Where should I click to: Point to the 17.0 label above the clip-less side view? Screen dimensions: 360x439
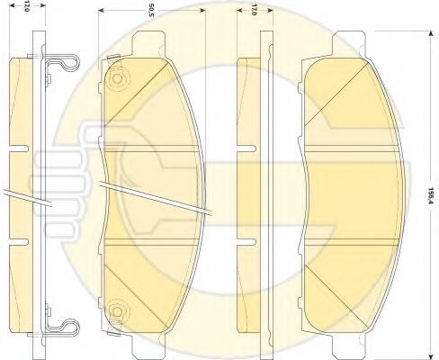255,13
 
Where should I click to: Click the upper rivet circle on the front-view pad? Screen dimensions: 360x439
115,78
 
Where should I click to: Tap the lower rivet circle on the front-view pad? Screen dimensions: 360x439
115,312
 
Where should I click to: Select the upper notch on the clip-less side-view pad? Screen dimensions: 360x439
244,146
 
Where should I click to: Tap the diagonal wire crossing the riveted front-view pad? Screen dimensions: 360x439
153,199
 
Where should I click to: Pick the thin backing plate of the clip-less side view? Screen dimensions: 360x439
265,193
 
